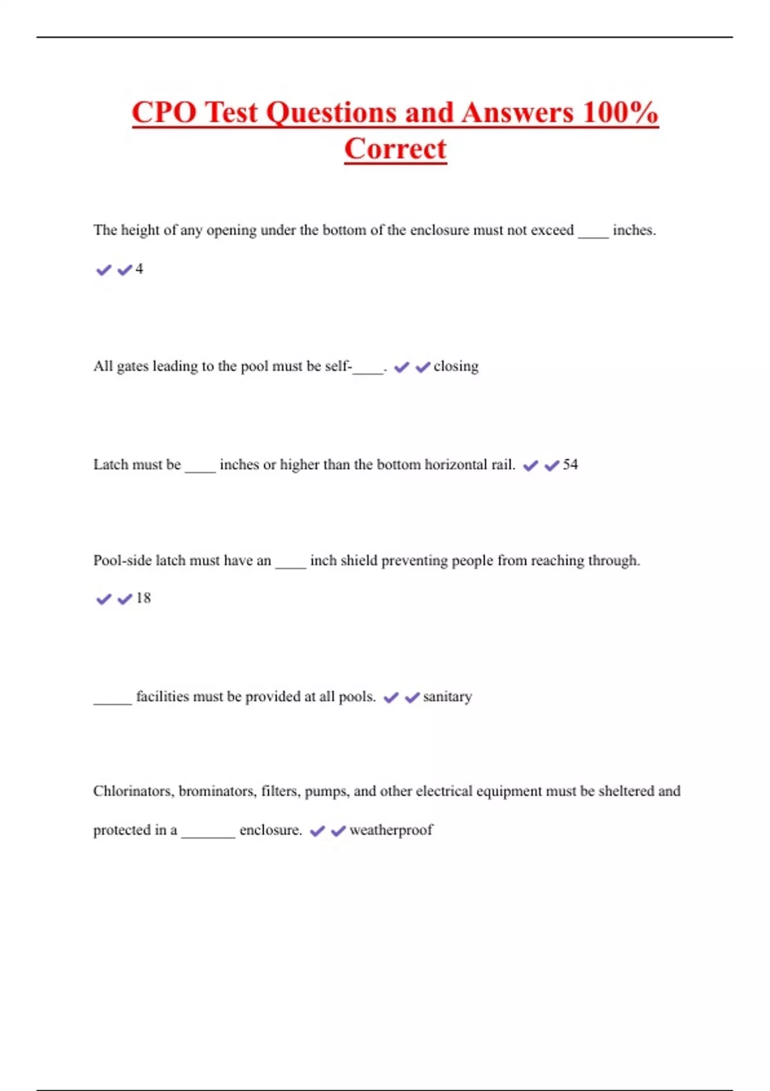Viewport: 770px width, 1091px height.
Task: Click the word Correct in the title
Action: [395, 149]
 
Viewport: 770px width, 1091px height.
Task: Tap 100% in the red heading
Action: [620, 113]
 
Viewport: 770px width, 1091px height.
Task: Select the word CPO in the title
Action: [164, 113]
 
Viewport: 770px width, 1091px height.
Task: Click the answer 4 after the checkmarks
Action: [139, 269]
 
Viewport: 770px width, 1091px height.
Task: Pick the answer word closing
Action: [456, 366]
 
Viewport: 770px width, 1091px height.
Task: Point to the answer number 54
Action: [570, 465]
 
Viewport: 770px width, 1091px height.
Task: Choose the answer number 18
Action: [143, 598]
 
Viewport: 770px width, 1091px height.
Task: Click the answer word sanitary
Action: [447, 697]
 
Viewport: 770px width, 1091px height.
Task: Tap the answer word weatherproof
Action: [391, 830]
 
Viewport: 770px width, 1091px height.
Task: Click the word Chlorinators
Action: [133, 791]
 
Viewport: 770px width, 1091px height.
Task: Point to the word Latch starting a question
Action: [110, 465]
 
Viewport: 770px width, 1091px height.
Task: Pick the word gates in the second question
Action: [132, 367]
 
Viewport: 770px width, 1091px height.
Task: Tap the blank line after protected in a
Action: [208, 834]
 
